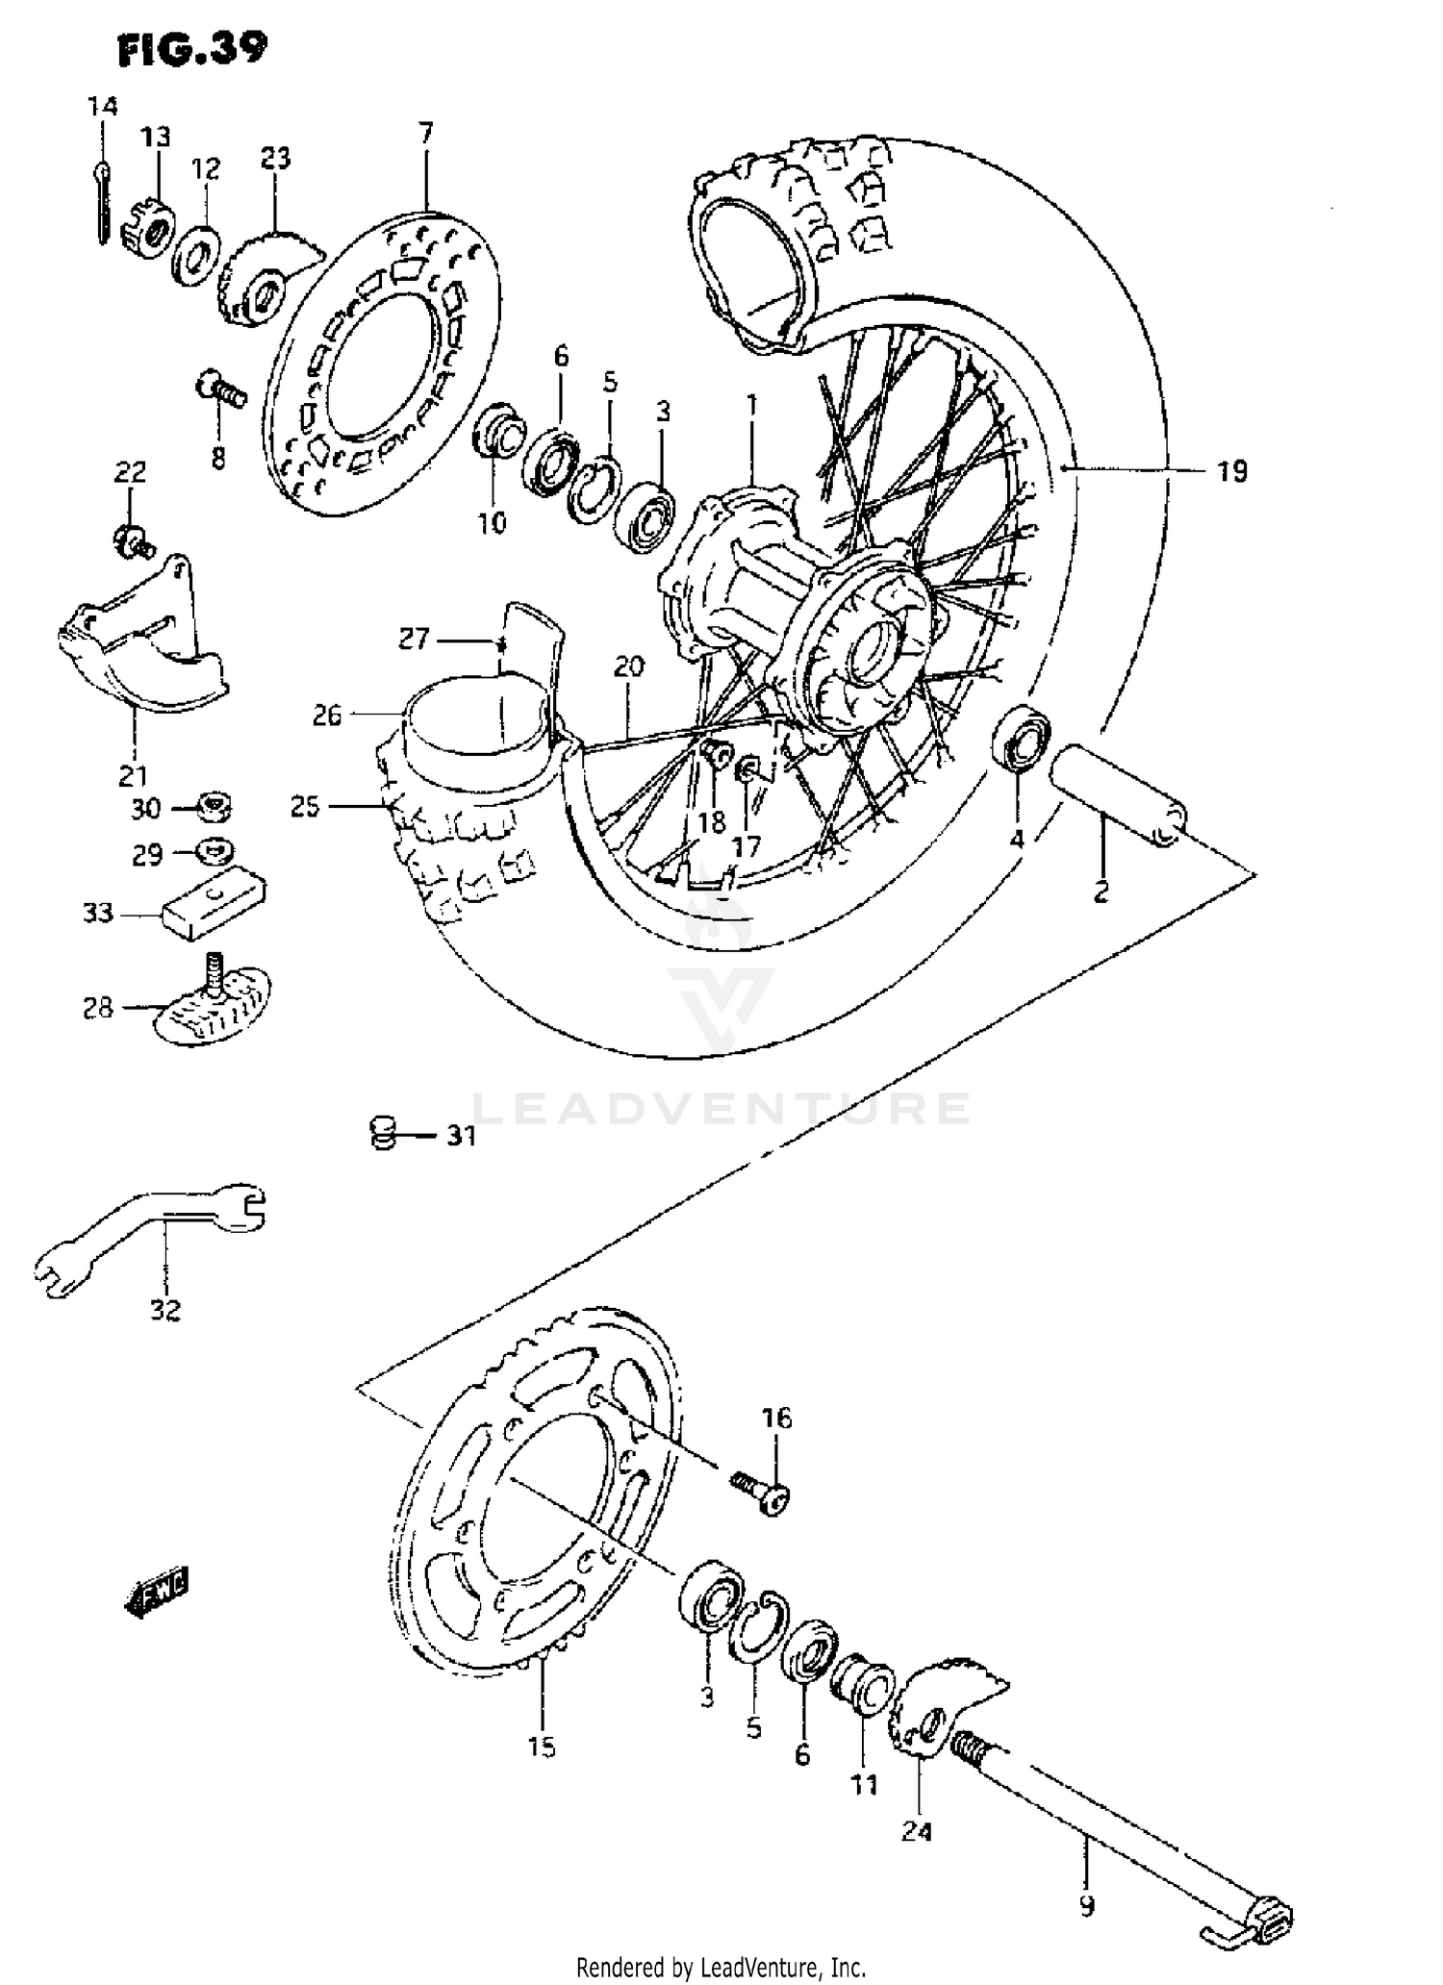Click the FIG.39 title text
191,49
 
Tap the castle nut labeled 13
147,232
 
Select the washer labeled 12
196,256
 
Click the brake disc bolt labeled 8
221,391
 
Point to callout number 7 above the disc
425,132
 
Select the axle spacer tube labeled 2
1116,794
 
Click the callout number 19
1231,471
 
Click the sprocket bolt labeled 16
762,1495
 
